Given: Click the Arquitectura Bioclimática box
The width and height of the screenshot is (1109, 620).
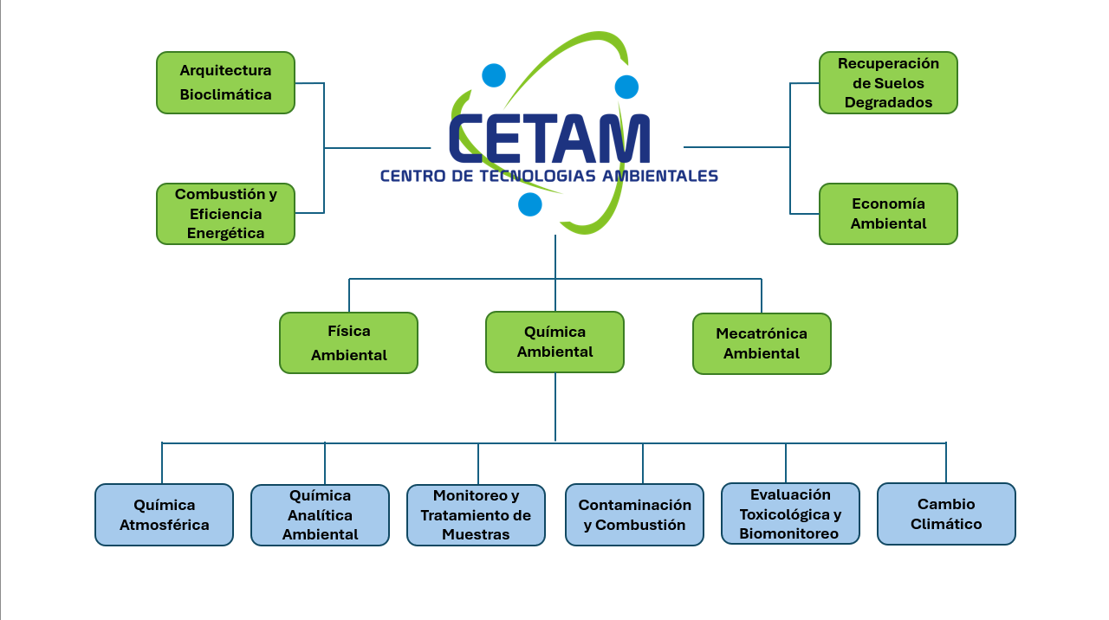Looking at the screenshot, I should (x=225, y=82).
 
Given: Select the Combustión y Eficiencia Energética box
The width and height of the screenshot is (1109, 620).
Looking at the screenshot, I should (x=225, y=214).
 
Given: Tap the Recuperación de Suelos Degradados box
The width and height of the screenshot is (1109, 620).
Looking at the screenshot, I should (x=888, y=82).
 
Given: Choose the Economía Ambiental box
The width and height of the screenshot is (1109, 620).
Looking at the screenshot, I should (x=888, y=214).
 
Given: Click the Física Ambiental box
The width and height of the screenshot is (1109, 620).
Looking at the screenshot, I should (x=348, y=343).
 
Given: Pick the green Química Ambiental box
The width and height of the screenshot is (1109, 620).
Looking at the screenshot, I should (x=554, y=342).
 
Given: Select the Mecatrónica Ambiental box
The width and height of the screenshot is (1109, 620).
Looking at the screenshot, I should (x=762, y=344).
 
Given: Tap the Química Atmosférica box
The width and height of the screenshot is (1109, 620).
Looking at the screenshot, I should (x=164, y=514).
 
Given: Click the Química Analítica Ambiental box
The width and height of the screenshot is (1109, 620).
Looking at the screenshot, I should (x=320, y=515).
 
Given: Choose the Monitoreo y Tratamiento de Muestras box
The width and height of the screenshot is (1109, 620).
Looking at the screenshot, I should (x=476, y=515).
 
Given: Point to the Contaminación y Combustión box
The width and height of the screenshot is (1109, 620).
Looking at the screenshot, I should (x=634, y=514).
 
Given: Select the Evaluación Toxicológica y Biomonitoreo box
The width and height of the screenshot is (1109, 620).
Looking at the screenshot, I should (x=790, y=513).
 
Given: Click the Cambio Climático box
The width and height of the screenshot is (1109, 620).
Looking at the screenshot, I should (x=946, y=513).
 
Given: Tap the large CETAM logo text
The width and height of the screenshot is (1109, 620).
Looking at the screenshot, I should (x=549, y=139).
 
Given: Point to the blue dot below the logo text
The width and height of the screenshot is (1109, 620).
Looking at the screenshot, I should (x=529, y=204).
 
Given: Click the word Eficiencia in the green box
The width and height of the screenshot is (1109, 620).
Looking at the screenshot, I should (x=225, y=214).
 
